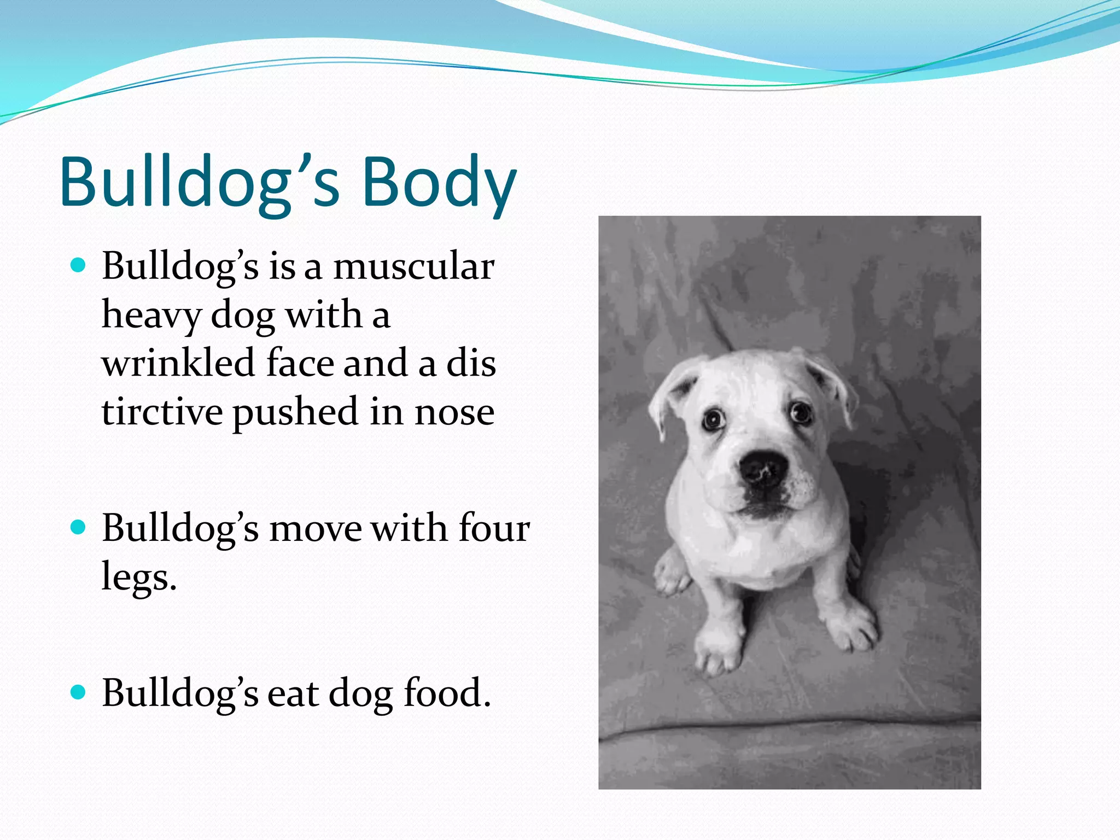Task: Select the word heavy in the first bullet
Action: [x=150, y=316]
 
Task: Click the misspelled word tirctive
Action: [x=161, y=412]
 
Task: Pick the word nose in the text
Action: [x=454, y=413]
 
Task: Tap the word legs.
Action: [x=139, y=578]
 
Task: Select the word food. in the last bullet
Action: [x=447, y=693]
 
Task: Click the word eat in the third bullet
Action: [x=293, y=693]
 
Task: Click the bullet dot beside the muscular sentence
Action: [x=79, y=266]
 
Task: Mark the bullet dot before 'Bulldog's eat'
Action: [x=79, y=693]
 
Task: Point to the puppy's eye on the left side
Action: [x=714, y=420]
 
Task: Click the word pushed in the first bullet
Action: [x=295, y=413]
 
